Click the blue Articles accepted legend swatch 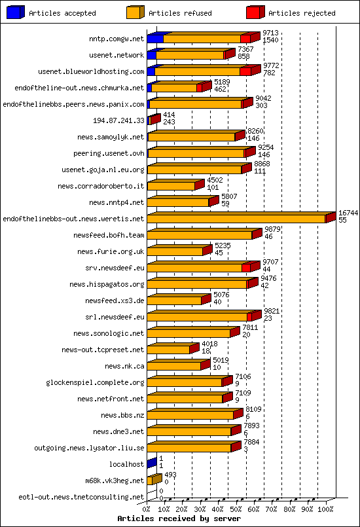[x=15, y=12]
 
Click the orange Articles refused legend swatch [x=135, y=12]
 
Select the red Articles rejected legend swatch [x=255, y=12]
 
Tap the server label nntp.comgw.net [x=116, y=39]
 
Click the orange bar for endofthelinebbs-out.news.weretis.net [x=236, y=219]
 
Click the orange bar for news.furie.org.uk [x=175, y=251]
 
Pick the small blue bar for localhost [x=151, y=464]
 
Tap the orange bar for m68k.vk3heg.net [x=150, y=481]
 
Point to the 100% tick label [x=325, y=507]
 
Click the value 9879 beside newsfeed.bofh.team [x=272, y=229]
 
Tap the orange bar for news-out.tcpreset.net [x=168, y=350]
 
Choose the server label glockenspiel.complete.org [x=95, y=382]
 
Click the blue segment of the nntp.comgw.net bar [x=155, y=39]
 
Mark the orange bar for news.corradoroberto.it [x=171, y=186]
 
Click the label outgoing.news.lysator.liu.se [x=89, y=448]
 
